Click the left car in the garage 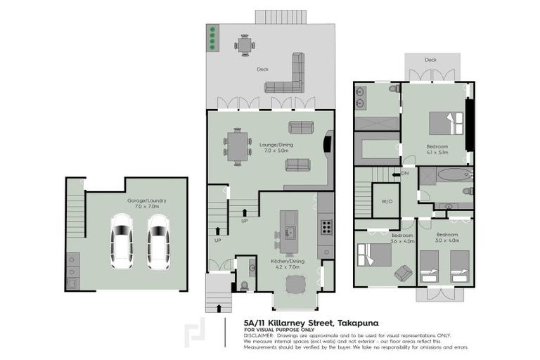click(x=121, y=241)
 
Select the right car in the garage click(x=158, y=241)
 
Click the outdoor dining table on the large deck click(x=245, y=46)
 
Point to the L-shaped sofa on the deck click(x=290, y=77)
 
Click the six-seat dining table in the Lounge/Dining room click(x=237, y=146)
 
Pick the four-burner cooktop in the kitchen click(x=326, y=226)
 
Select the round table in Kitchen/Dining click(x=295, y=285)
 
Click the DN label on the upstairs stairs click(x=404, y=172)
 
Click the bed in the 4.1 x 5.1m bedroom click(x=447, y=123)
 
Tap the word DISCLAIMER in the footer click(x=259, y=335)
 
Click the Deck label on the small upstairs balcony click(x=430, y=60)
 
